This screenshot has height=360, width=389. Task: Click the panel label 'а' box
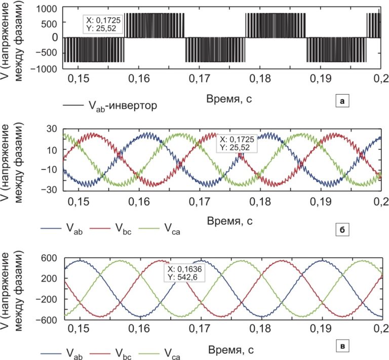[342, 101]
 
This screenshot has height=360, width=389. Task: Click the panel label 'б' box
[342, 229]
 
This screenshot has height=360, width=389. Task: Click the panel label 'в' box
[342, 346]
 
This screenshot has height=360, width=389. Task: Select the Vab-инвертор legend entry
[110, 105]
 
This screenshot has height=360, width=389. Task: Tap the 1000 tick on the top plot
[47, 9]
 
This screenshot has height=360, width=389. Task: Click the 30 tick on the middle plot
[51, 129]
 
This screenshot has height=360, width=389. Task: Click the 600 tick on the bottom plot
[49, 258]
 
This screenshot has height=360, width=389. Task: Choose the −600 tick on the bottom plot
[47, 320]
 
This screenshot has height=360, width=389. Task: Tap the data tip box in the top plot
[103, 24]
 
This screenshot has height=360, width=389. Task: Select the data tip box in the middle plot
[237, 143]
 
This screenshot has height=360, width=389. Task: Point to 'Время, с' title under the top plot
[229, 99]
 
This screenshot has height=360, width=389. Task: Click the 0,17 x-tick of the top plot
[199, 79]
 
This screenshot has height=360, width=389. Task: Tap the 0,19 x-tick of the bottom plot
[321, 329]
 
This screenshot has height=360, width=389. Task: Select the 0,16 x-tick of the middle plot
[139, 202]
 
